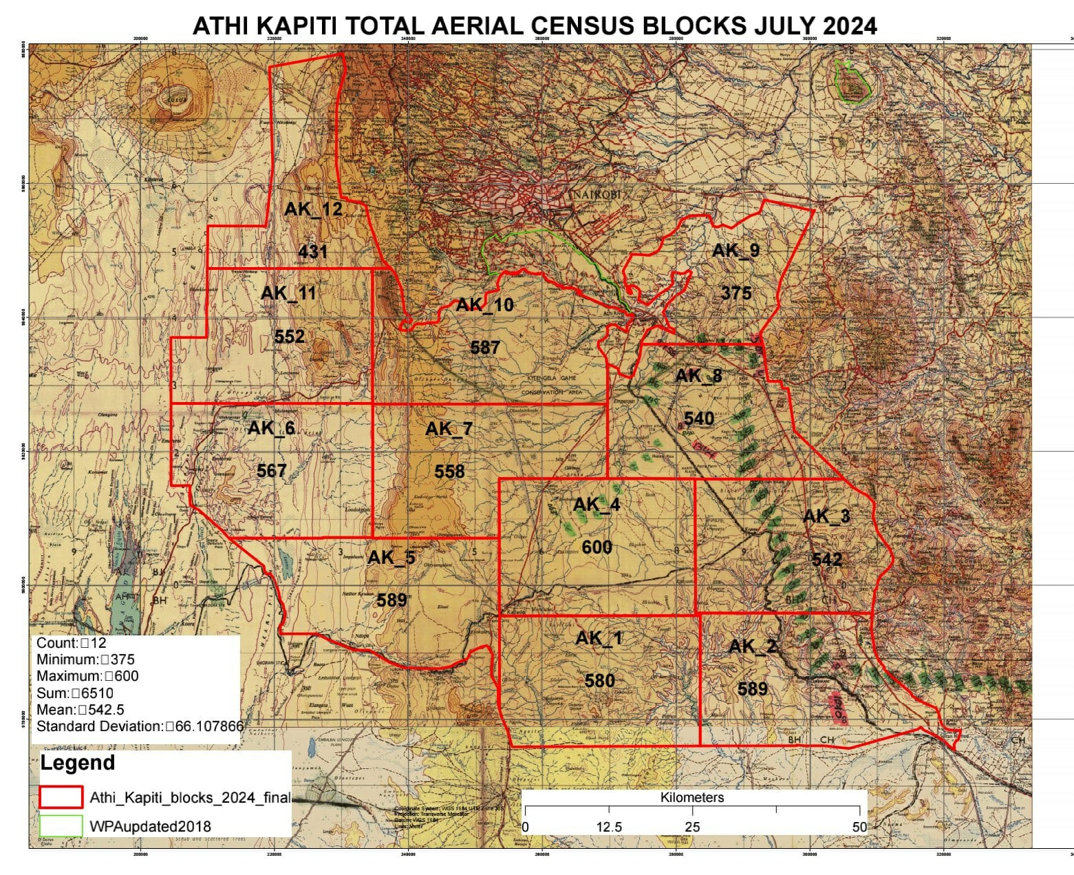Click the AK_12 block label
(x=313, y=209)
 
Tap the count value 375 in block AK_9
(x=736, y=293)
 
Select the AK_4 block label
(x=597, y=505)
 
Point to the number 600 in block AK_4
(x=597, y=547)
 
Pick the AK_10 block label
(x=484, y=305)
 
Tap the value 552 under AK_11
(x=289, y=337)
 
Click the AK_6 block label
(x=271, y=428)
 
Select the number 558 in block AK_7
(x=449, y=472)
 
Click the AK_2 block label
(x=751, y=646)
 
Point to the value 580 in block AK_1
(x=599, y=681)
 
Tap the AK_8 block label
(x=698, y=376)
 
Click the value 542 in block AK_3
(x=826, y=560)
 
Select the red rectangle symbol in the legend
(x=61, y=797)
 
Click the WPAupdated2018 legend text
(x=150, y=826)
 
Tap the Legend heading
(x=77, y=763)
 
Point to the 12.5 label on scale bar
(x=609, y=827)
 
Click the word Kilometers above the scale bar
(x=692, y=798)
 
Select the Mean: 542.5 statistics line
(x=80, y=710)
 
